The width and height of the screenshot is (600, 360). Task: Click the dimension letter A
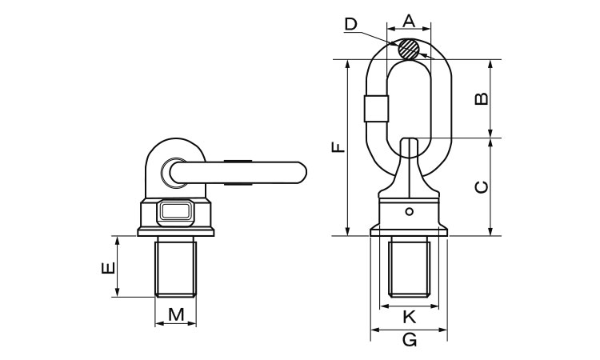[409, 21]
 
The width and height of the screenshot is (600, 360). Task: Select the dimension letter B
[482, 98]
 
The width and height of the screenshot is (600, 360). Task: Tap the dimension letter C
[482, 187]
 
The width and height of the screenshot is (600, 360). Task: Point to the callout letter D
[350, 24]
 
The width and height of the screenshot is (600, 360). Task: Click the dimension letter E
[108, 268]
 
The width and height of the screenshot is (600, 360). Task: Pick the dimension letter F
[338, 147]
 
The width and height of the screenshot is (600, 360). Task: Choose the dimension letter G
[410, 340]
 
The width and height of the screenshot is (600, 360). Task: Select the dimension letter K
[410, 317]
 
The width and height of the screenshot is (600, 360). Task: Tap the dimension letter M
[176, 314]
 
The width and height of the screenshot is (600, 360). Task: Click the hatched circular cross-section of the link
[408, 49]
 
